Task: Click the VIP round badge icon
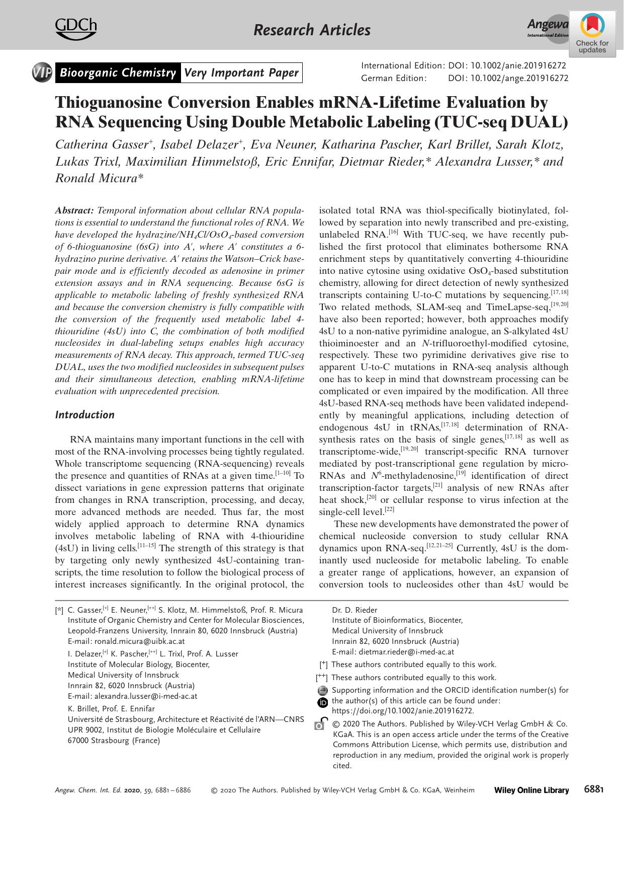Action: [42, 73]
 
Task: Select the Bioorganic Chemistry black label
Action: [117, 73]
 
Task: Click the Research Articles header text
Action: [312, 30]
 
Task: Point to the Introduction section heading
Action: [84, 415]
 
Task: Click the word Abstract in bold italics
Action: [74, 210]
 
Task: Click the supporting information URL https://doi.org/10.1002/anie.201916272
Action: [403, 711]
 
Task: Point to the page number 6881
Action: [593, 789]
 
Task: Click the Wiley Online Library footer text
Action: [531, 790]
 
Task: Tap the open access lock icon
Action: [320, 724]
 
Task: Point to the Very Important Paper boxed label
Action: [241, 73]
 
